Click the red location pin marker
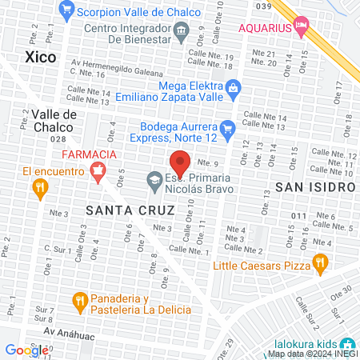180,164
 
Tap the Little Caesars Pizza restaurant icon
320,261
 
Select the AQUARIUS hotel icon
301,27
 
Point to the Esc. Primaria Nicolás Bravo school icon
154,182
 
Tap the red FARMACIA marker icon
98,170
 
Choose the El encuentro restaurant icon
38,187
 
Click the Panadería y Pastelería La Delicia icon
79,300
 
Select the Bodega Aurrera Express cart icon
227,126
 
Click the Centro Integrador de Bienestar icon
181,31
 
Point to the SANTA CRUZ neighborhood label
130,210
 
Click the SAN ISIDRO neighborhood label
314,186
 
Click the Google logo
27,350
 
